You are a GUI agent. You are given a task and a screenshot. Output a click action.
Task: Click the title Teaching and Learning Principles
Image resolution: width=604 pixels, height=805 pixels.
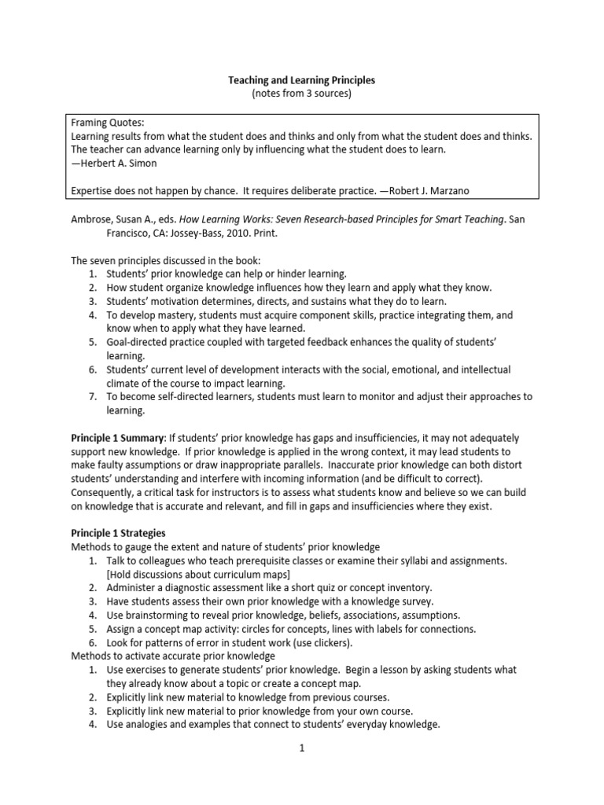click(301, 79)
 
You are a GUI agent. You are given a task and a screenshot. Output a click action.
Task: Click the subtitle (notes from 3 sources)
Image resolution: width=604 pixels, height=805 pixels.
click(301, 94)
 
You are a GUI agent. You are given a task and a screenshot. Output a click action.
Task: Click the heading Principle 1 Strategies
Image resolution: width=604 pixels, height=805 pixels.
click(119, 532)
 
